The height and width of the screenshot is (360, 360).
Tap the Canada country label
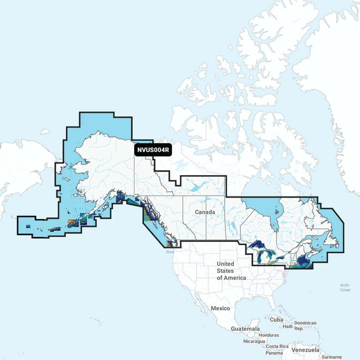(x=205, y=212)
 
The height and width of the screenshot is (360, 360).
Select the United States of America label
(x=231, y=271)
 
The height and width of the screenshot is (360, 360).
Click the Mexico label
(x=220, y=308)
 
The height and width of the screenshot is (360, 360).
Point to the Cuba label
(x=277, y=320)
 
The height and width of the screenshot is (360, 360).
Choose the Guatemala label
(x=245, y=329)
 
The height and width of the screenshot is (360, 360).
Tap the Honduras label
(x=269, y=335)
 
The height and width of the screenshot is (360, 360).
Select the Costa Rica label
(x=277, y=346)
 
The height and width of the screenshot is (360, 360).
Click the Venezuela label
(x=306, y=350)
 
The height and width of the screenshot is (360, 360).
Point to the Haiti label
(x=288, y=326)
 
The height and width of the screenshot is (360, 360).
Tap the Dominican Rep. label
(x=305, y=325)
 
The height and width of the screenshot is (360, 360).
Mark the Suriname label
(x=332, y=356)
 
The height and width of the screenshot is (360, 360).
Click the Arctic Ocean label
(x=345, y=287)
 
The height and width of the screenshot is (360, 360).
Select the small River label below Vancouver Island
(x=170, y=252)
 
